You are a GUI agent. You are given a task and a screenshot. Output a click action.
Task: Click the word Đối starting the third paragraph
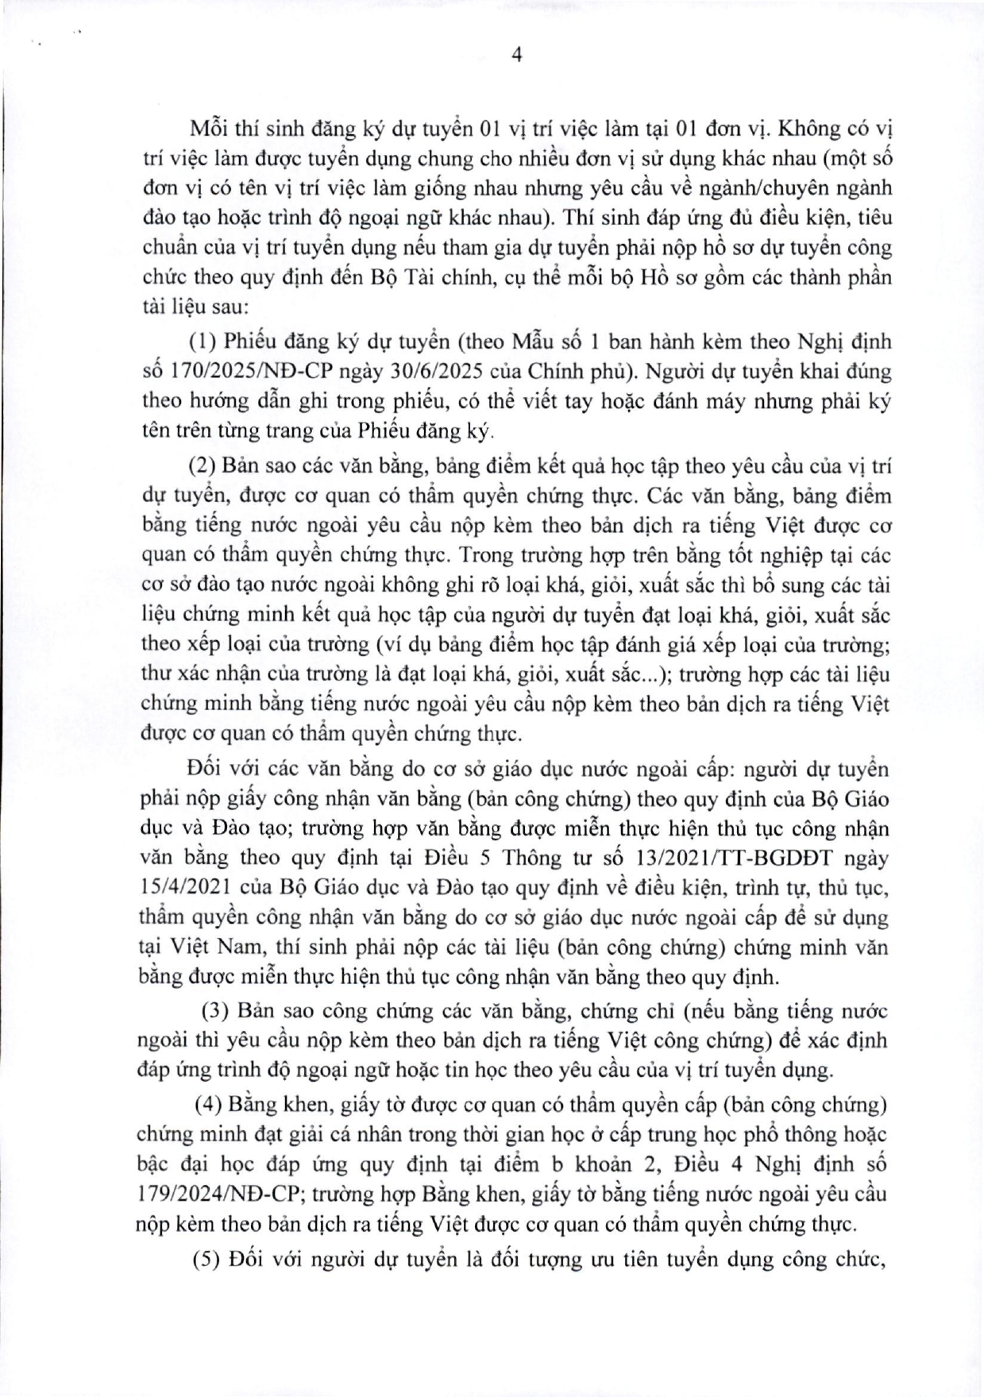[205, 769]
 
